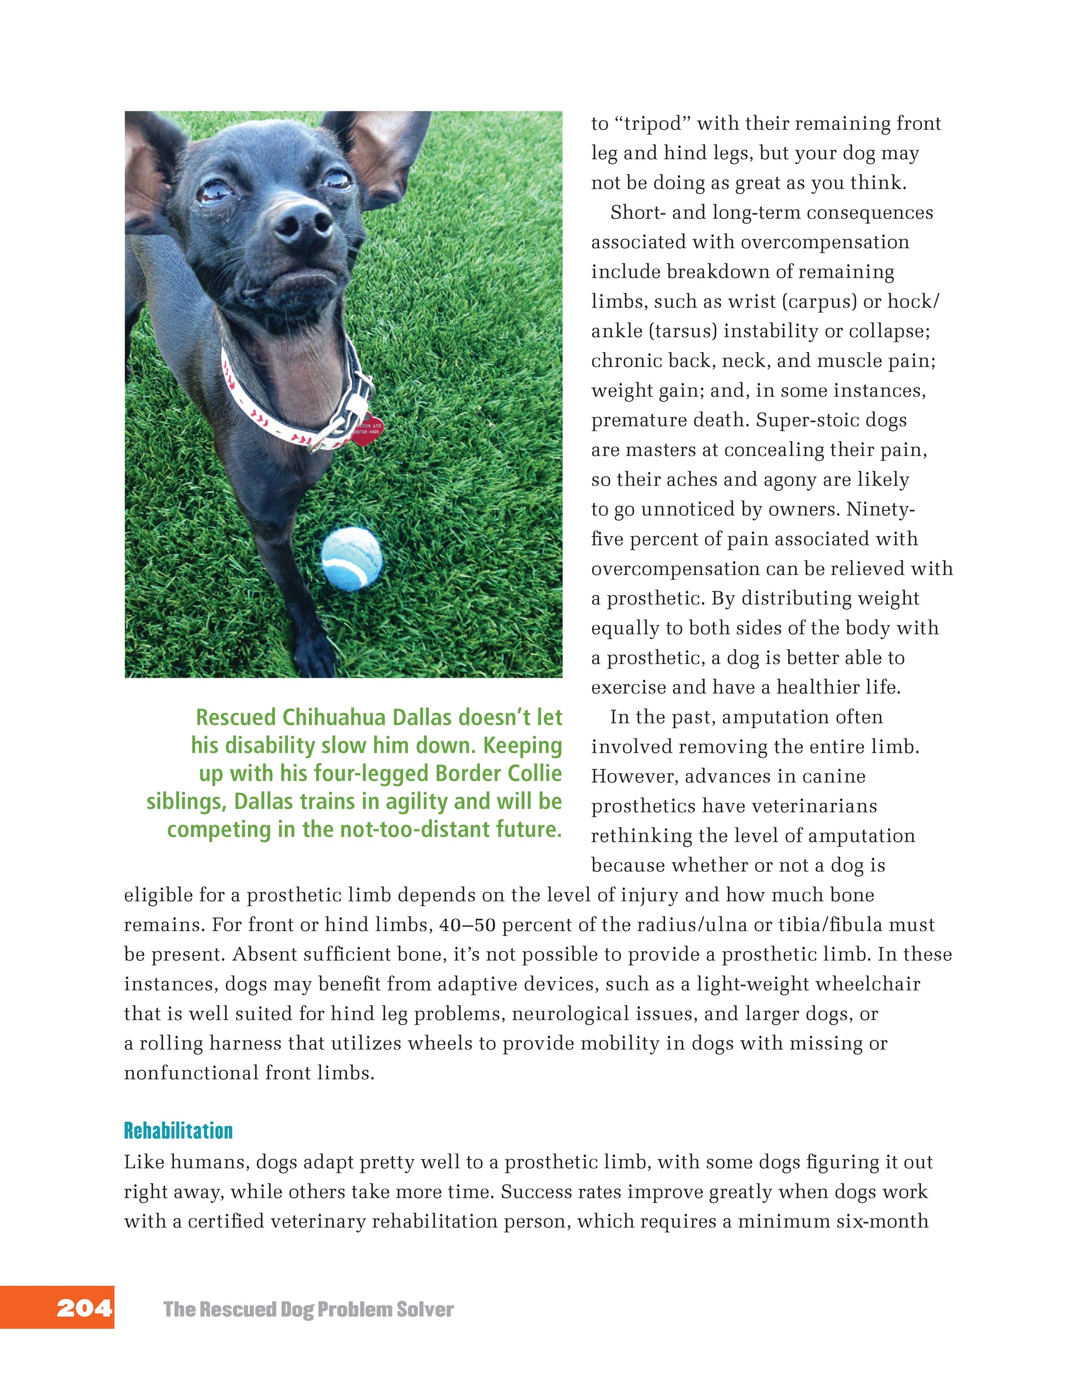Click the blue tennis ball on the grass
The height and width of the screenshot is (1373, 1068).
click(x=351, y=559)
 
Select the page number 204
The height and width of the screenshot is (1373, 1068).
click(x=84, y=1308)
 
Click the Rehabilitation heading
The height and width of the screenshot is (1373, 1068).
click(x=178, y=1130)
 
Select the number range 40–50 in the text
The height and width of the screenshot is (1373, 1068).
click(x=468, y=925)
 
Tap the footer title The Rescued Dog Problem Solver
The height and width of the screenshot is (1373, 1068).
click(x=308, y=1309)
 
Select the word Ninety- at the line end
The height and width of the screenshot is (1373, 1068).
click(x=880, y=509)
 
